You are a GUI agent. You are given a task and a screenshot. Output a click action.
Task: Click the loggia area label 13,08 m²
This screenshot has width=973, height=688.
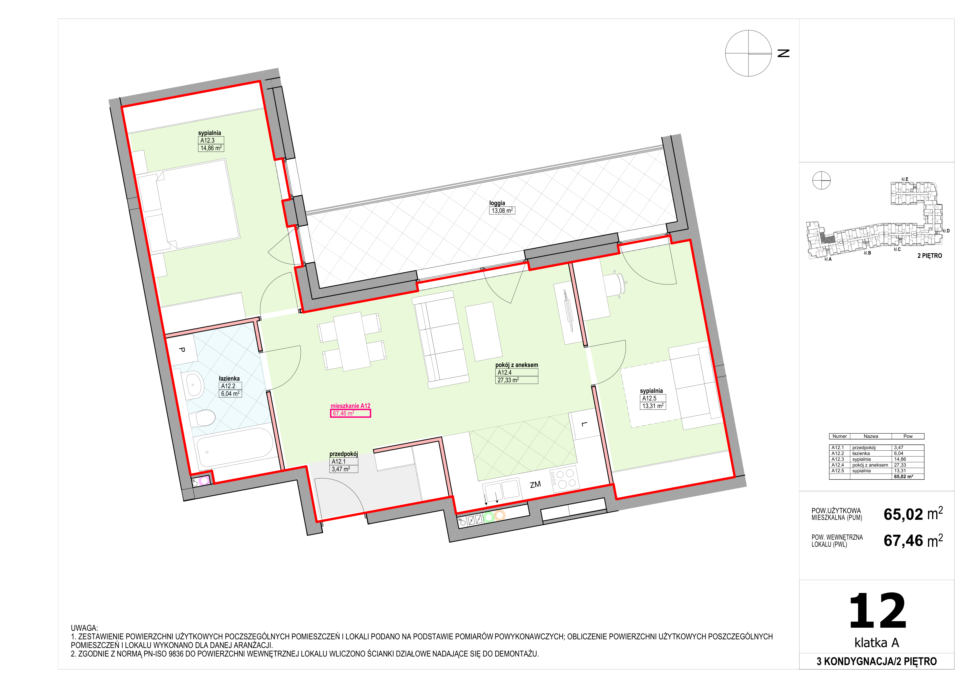pos(503,210)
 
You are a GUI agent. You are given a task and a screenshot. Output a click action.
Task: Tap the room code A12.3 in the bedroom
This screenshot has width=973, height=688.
pos(208,140)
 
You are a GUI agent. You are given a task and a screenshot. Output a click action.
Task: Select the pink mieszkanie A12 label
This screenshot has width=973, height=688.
pos(351,406)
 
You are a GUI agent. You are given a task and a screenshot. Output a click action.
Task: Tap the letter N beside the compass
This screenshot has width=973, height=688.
pos(784,54)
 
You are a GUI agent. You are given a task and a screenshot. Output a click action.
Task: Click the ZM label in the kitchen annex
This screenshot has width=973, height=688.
pos(535,484)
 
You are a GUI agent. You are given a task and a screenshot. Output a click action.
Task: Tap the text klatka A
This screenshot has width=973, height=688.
pos(877,643)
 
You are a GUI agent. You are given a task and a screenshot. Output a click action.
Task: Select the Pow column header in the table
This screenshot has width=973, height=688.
pos(908,436)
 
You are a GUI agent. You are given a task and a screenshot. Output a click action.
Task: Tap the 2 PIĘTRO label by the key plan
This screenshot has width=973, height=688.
pos(930,256)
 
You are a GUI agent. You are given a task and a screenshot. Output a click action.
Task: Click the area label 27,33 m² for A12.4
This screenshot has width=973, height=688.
pos(508,380)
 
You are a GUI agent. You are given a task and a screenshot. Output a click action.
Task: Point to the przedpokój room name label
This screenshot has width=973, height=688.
pos(344,454)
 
